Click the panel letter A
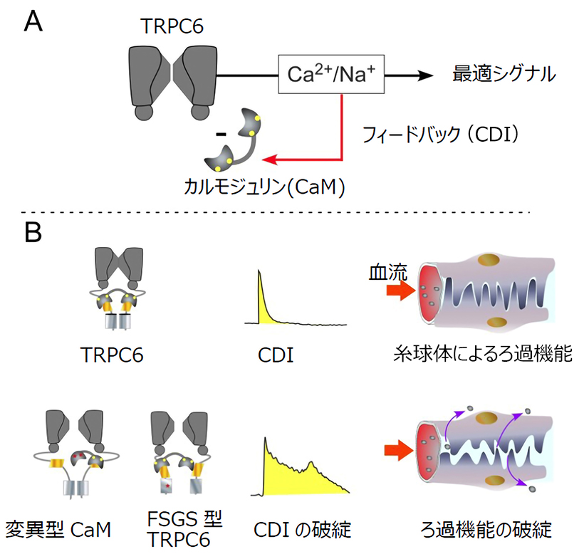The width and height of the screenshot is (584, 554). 33,21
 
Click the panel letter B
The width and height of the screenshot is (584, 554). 33,234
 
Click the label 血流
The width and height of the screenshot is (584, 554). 384,272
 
